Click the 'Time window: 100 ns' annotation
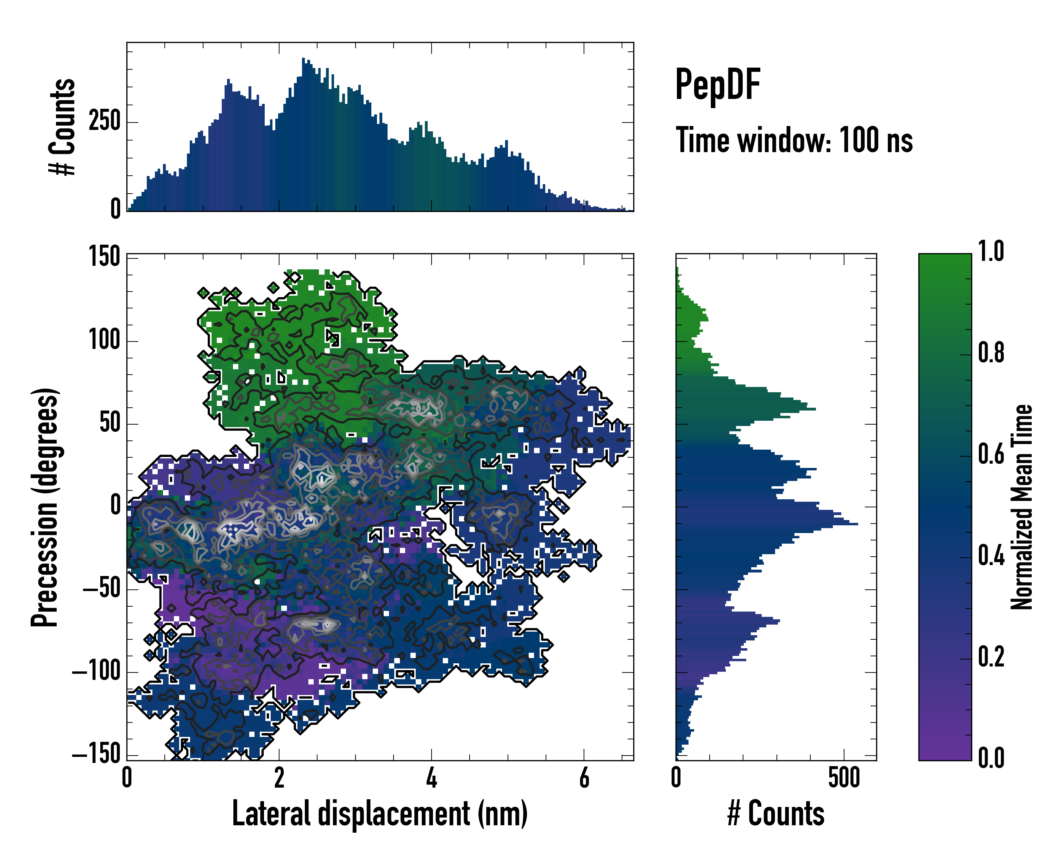(x=794, y=140)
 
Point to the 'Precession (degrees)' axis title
(x=45, y=507)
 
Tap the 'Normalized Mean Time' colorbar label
(x=1022, y=507)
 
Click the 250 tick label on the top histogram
(x=104, y=121)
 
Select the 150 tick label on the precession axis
(x=104, y=256)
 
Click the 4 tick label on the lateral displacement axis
(x=432, y=777)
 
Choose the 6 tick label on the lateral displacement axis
(x=584, y=777)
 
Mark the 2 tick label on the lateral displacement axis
(x=279, y=777)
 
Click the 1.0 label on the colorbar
(x=991, y=251)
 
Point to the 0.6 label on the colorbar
(x=991, y=454)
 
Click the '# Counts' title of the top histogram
(x=63, y=126)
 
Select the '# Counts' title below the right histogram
(x=775, y=813)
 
